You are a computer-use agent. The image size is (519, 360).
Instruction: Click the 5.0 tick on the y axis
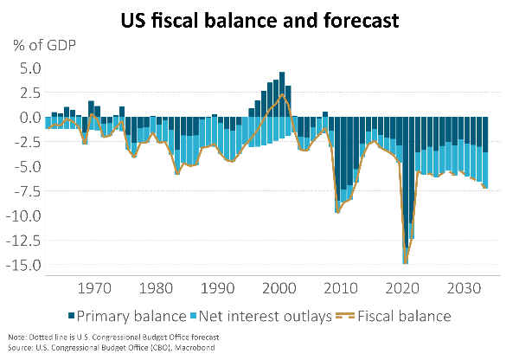(29, 67)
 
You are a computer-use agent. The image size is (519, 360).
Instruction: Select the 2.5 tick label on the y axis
(29, 93)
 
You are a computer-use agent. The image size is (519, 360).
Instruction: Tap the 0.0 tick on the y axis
(29, 118)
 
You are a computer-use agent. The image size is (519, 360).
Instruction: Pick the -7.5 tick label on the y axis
(27, 191)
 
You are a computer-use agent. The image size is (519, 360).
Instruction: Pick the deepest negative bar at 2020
(405, 190)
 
